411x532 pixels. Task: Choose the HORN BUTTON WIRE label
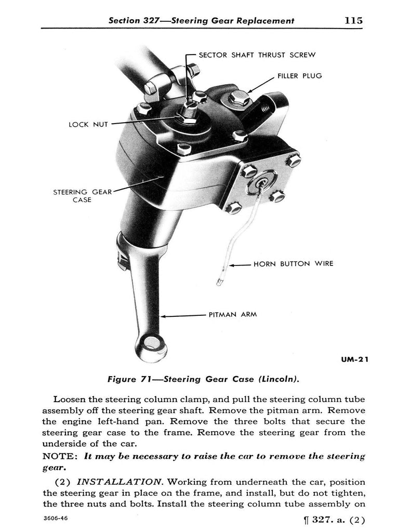293,264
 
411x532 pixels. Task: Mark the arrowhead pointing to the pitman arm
163,315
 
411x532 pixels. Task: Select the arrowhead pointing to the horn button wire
232,264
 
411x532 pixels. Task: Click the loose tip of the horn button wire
218,283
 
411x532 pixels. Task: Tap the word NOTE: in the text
60,456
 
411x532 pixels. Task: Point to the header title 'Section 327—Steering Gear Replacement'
201,21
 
